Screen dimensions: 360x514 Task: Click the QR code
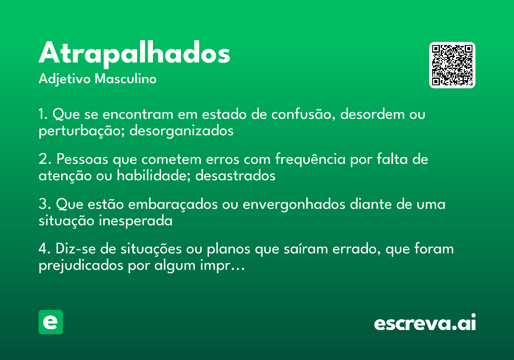coord(452,65)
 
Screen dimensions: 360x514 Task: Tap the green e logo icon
coord(51,322)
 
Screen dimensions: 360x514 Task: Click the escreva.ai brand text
coord(425,323)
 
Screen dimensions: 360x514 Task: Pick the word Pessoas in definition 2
coord(83,160)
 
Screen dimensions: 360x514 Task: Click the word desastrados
coord(235,176)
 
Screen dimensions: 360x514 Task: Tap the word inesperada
coord(136,221)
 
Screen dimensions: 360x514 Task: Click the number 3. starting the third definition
coord(44,205)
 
